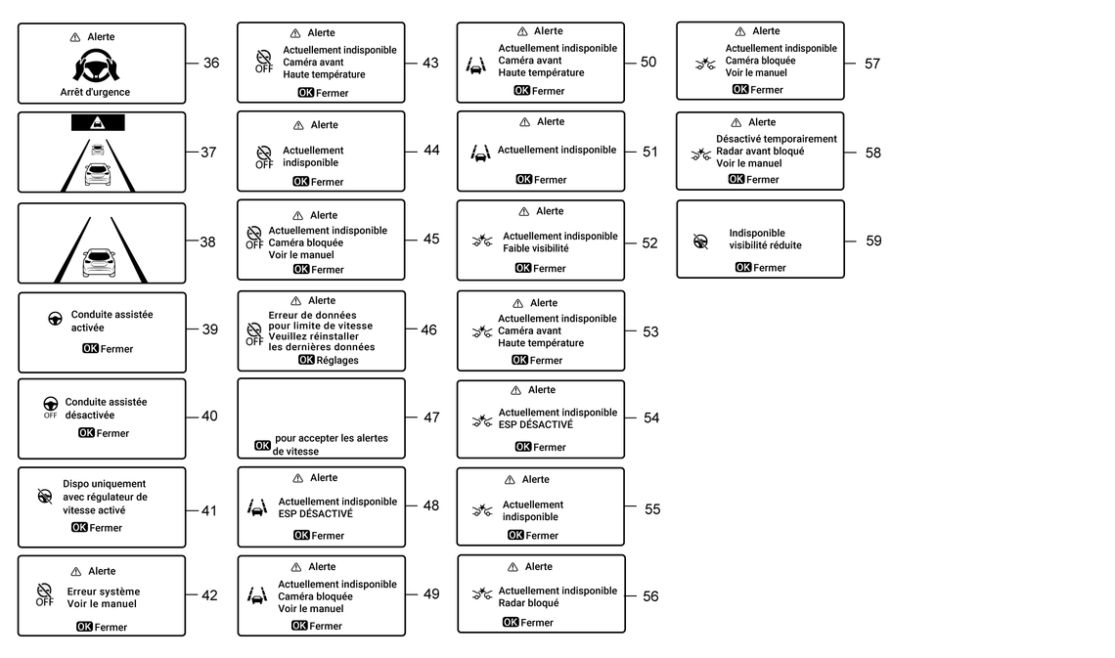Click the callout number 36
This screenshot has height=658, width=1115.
tap(211, 64)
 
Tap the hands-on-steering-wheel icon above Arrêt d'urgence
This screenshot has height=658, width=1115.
tap(97, 65)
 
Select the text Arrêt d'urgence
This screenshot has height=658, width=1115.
tap(95, 93)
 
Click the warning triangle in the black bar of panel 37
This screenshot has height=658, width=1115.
tap(98, 123)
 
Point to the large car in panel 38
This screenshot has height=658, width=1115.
tap(98, 263)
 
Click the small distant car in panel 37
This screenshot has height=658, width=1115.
tap(98, 150)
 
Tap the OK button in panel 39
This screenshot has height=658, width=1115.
tap(90, 349)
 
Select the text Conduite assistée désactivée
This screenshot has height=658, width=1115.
tap(106, 409)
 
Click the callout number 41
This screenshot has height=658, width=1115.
tap(209, 510)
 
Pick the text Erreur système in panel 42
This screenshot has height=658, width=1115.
tap(104, 592)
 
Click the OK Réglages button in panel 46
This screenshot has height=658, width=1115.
tap(328, 360)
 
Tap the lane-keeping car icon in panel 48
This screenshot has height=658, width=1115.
tap(257, 507)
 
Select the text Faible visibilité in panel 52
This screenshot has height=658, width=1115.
tap(535, 248)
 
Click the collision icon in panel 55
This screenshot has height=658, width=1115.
tap(482, 510)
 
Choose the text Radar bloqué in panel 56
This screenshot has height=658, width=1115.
tap(529, 603)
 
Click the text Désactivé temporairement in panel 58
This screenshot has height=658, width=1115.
tap(777, 139)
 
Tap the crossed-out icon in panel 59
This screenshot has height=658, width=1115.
tap(701, 240)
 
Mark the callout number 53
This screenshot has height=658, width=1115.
tap(650, 331)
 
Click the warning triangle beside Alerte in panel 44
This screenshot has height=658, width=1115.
tap(298, 125)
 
